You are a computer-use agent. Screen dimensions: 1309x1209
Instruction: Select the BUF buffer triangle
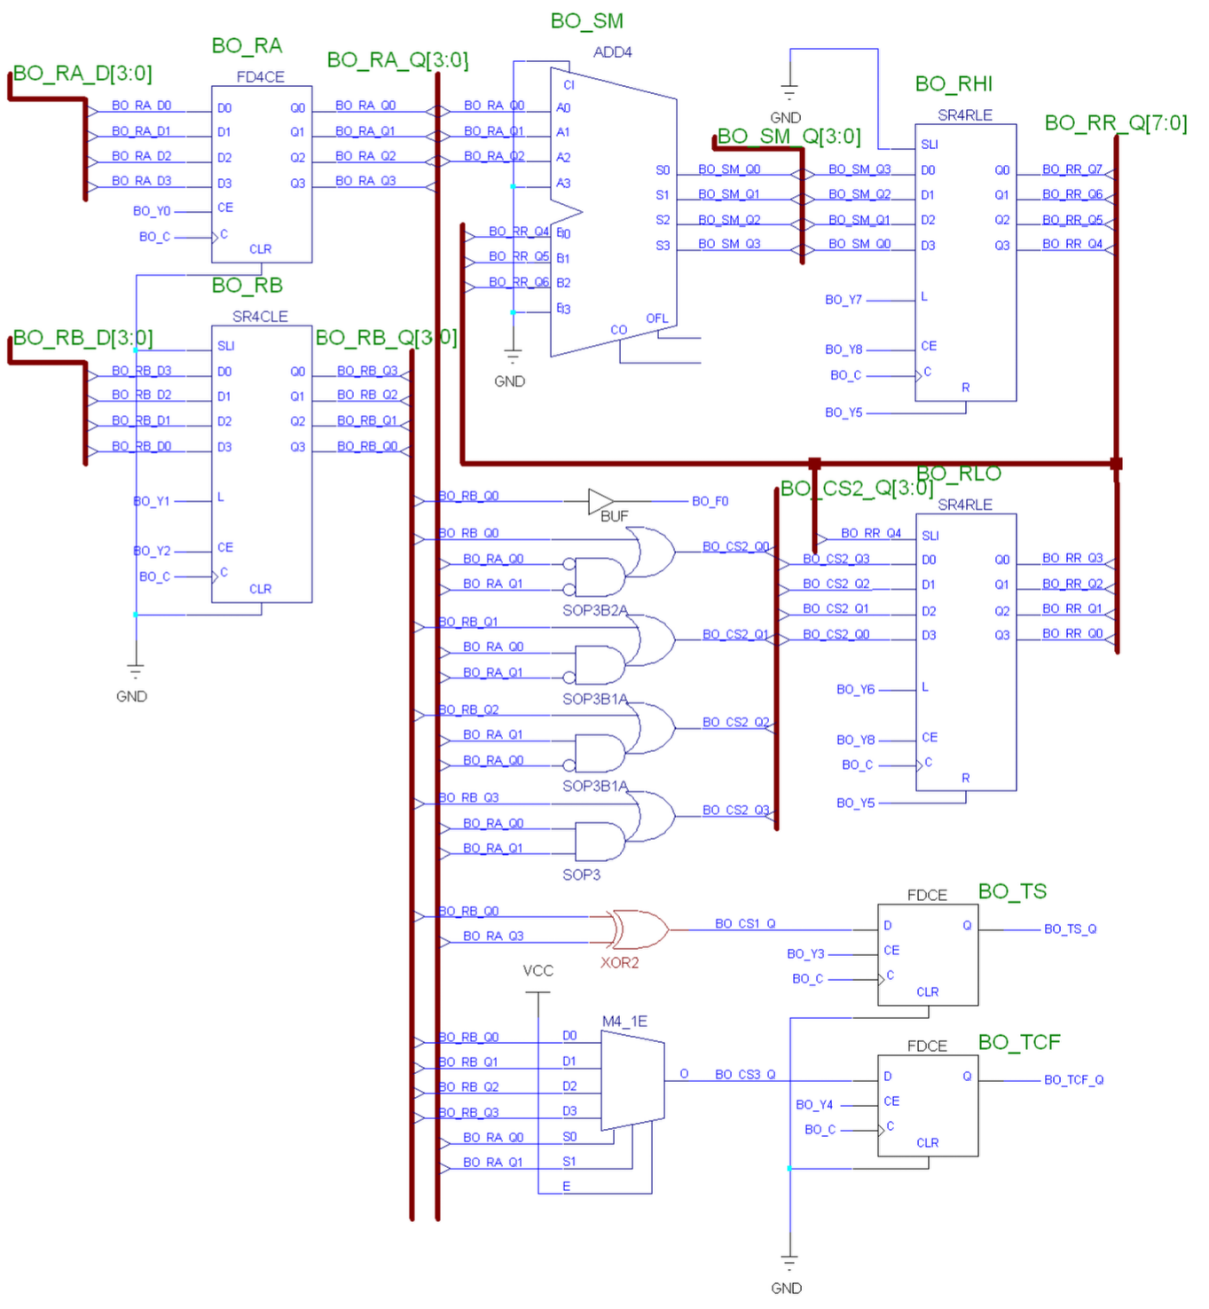[x=601, y=502]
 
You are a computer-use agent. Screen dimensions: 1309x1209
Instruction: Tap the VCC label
[x=538, y=971]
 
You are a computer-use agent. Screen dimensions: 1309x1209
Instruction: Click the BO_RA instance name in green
[x=247, y=46]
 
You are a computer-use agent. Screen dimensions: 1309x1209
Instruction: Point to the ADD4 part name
[x=612, y=52]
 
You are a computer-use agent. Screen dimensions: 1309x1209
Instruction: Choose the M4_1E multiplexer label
[x=624, y=1022]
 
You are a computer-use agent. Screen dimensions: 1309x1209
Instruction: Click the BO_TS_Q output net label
[x=1070, y=929]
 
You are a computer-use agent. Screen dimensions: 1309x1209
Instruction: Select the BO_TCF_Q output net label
[x=1073, y=1080]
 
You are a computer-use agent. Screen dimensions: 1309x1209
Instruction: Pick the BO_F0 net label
[x=710, y=502]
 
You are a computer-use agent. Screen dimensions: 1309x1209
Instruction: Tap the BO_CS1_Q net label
[x=745, y=924]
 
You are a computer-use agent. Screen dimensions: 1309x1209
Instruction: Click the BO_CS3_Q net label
[x=745, y=1075]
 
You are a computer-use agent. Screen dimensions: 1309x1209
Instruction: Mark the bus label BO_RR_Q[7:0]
[x=1115, y=123]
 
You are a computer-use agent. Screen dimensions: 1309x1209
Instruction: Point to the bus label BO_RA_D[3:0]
[x=82, y=74]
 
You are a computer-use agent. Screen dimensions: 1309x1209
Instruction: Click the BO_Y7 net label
[x=843, y=301]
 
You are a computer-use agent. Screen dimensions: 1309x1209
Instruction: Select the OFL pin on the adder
[x=656, y=318]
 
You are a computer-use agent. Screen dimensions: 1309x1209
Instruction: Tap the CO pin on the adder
[x=618, y=330]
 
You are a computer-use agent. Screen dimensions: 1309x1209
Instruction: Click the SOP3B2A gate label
[x=594, y=610]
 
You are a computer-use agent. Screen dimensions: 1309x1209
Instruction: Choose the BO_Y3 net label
[x=805, y=954]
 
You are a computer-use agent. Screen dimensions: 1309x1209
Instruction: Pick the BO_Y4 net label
[x=814, y=1105]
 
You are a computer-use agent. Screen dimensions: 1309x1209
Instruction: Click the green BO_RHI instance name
[x=954, y=84]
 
